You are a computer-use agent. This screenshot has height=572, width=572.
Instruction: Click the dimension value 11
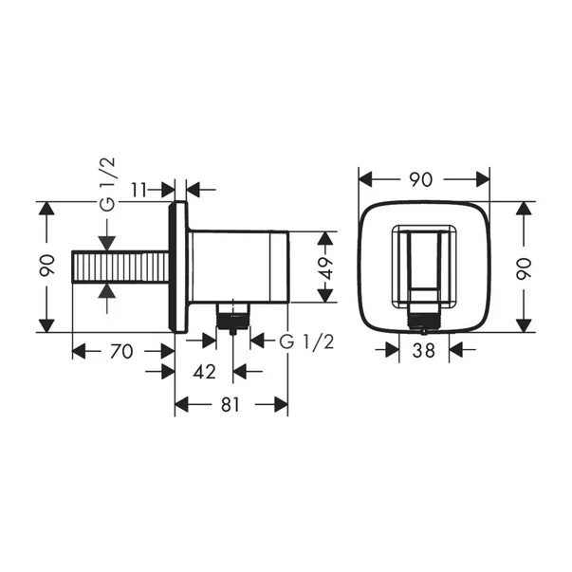[138, 189]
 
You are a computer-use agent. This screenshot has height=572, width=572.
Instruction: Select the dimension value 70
[120, 351]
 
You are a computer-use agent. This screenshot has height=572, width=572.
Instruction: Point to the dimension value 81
[231, 405]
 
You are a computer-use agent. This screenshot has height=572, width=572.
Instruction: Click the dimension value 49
[325, 267]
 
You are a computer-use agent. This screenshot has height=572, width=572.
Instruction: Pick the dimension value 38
[423, 350]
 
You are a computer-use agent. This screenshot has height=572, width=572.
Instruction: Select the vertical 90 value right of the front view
[522, 267]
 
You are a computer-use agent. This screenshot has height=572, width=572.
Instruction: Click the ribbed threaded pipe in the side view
[120, 267]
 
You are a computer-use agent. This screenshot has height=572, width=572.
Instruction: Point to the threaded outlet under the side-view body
[231, 317]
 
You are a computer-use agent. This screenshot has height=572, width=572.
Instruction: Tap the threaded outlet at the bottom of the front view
[422, 320]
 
